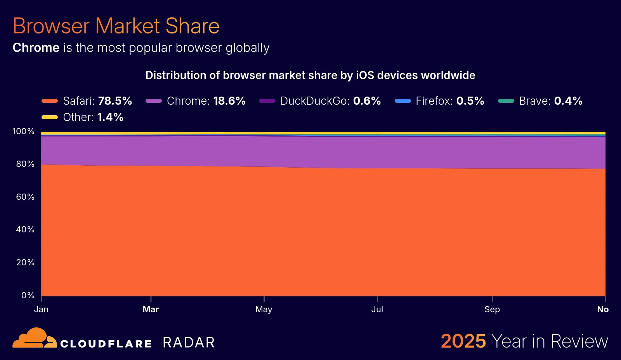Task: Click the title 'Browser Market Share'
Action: [x=116, y=26]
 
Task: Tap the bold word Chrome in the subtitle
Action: [x=36, y=48]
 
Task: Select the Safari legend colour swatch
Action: [x=50, y=101]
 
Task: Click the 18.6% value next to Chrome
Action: [x=229, y=101]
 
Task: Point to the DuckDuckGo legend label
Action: [x=315, y=101]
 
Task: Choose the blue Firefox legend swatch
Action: [x=402, y=101]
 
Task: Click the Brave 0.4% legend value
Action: [x=568, y=101]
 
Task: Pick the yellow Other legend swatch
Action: [x=50, y=117]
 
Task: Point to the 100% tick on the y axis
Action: [x=23, y=131]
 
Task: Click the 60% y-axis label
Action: [x=25, y=197]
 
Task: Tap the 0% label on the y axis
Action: [x=28, y=295]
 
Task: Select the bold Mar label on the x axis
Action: [x=151, y=309]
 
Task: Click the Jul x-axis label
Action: [x=377, y=309]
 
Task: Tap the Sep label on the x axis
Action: [x=492, y=309]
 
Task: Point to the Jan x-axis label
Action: [x=41, y=309]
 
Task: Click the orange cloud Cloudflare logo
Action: [x=34, y=338]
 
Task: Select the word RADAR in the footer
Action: [x=189, y=343]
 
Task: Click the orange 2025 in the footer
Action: [x=463, y=341]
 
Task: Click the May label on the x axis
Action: [x=264, y=309]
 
